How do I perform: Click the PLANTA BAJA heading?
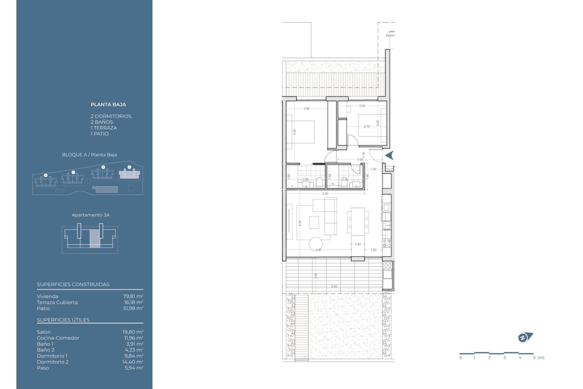point(108,105)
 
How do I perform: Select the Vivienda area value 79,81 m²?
point(133,296)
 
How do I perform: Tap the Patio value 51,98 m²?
point(133,308)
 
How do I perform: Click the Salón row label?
point(44,332)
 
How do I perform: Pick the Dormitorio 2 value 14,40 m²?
point(133,362)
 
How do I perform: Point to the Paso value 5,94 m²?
point(134,368)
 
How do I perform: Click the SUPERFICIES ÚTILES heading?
point(63,320)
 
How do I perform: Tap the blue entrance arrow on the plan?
point(390,155)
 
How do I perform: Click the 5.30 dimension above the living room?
point(325,194)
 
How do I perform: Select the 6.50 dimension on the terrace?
point(334,286)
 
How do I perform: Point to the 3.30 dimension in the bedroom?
point(362,106)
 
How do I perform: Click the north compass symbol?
point(525,337)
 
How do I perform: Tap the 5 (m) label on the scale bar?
point(539,358)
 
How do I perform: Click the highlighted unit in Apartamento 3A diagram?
point(95,239)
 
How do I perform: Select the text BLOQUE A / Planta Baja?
point(89,155)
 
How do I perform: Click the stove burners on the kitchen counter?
point(387,243)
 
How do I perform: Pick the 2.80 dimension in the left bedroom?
point(307,109)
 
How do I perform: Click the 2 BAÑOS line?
point(102,122)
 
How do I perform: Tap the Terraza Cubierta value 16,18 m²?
point(133,302)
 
